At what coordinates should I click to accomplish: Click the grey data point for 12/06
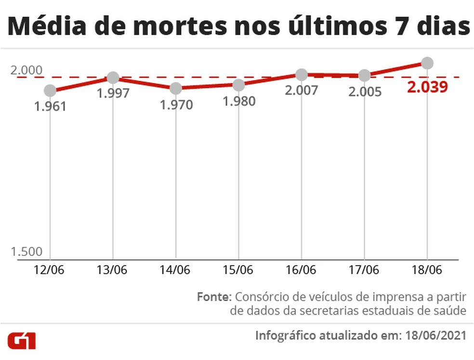tap(50, 91)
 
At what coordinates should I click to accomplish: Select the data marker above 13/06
tap(113, 78)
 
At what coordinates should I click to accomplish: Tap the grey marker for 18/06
tap(427, 63)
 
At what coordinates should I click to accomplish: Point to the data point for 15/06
tap(238, 85)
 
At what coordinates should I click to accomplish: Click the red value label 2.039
tap(427, 87)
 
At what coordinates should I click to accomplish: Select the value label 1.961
tap(50, 107)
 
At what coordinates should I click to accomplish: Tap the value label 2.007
tap(302, 90)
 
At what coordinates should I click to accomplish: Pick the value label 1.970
tap(176, 105)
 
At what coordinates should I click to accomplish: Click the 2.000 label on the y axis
tap(26, 70)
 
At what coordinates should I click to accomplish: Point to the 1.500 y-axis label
tap(26, 252)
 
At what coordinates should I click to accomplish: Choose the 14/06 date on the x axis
tap(176, 269)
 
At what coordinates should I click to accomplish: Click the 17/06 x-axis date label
tap(364, 269)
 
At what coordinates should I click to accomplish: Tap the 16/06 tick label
tap(302, 269)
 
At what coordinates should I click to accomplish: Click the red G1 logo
tap(22, 340)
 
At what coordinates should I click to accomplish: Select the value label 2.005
tap(365, 92)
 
